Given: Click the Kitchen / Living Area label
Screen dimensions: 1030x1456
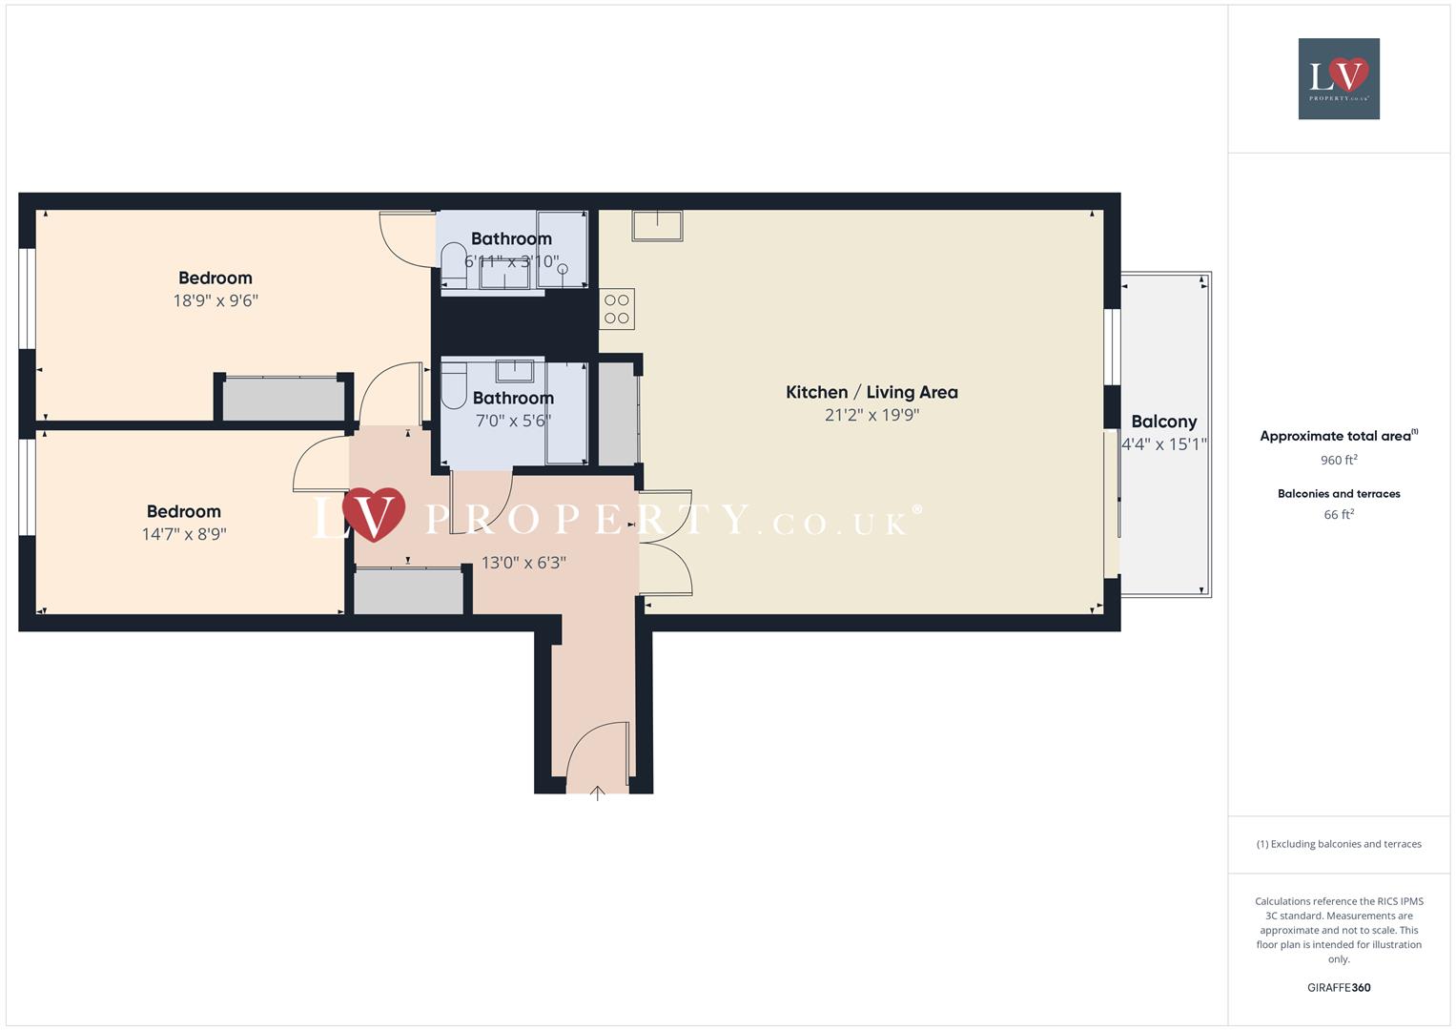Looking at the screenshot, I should pyautogui.click(x=872, y=392).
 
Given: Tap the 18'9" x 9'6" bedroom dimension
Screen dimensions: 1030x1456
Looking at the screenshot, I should pyautogui.click(x=215, y=300).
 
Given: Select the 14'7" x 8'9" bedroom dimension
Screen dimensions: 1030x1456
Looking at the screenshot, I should pyautogui.click(x=184, y=534).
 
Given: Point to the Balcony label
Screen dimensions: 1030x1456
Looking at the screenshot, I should pyautogui.click(x=1163, y=422).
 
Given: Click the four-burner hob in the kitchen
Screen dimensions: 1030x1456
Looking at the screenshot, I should pyautogui.click(x=617, y=309).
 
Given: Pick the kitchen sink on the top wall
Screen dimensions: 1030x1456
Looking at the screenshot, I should pyautogui.click(x=657, y=225).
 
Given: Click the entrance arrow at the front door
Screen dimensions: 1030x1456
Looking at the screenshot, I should pyautogui.click(x=598, y=792).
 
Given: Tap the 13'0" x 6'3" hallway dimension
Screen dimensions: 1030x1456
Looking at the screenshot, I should pyautogui.click(x=523, y=563).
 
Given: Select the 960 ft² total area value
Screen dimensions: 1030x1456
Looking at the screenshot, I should pyautogui.click(x=1339, y=460).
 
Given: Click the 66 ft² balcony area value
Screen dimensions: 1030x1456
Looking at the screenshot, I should pyautogui.click(x=1339, y=514).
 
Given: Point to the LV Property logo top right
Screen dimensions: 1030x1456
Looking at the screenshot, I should pyautogui.click(x=1339, y=78).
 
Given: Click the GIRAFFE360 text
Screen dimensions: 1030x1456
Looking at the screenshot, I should pyautogui.click(x=1339, y=987).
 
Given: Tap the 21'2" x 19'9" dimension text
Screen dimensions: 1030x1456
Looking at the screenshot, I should pyautogui.click(x=872, y=415).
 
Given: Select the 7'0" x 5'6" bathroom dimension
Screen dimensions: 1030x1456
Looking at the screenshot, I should pyautogui.click(x=513, y=421).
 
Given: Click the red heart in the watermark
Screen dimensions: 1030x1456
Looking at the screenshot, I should pyautogui.click(x=374, y=513).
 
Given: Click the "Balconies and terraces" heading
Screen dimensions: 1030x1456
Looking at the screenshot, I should pyautogui.click(x=1339, y=493).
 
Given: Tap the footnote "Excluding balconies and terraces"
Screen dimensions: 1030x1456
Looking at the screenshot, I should pyautogui.click(x=1339, y=844).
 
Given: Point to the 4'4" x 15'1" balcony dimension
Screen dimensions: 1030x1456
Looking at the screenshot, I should pyautogui.click(x=1164, y=443).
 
